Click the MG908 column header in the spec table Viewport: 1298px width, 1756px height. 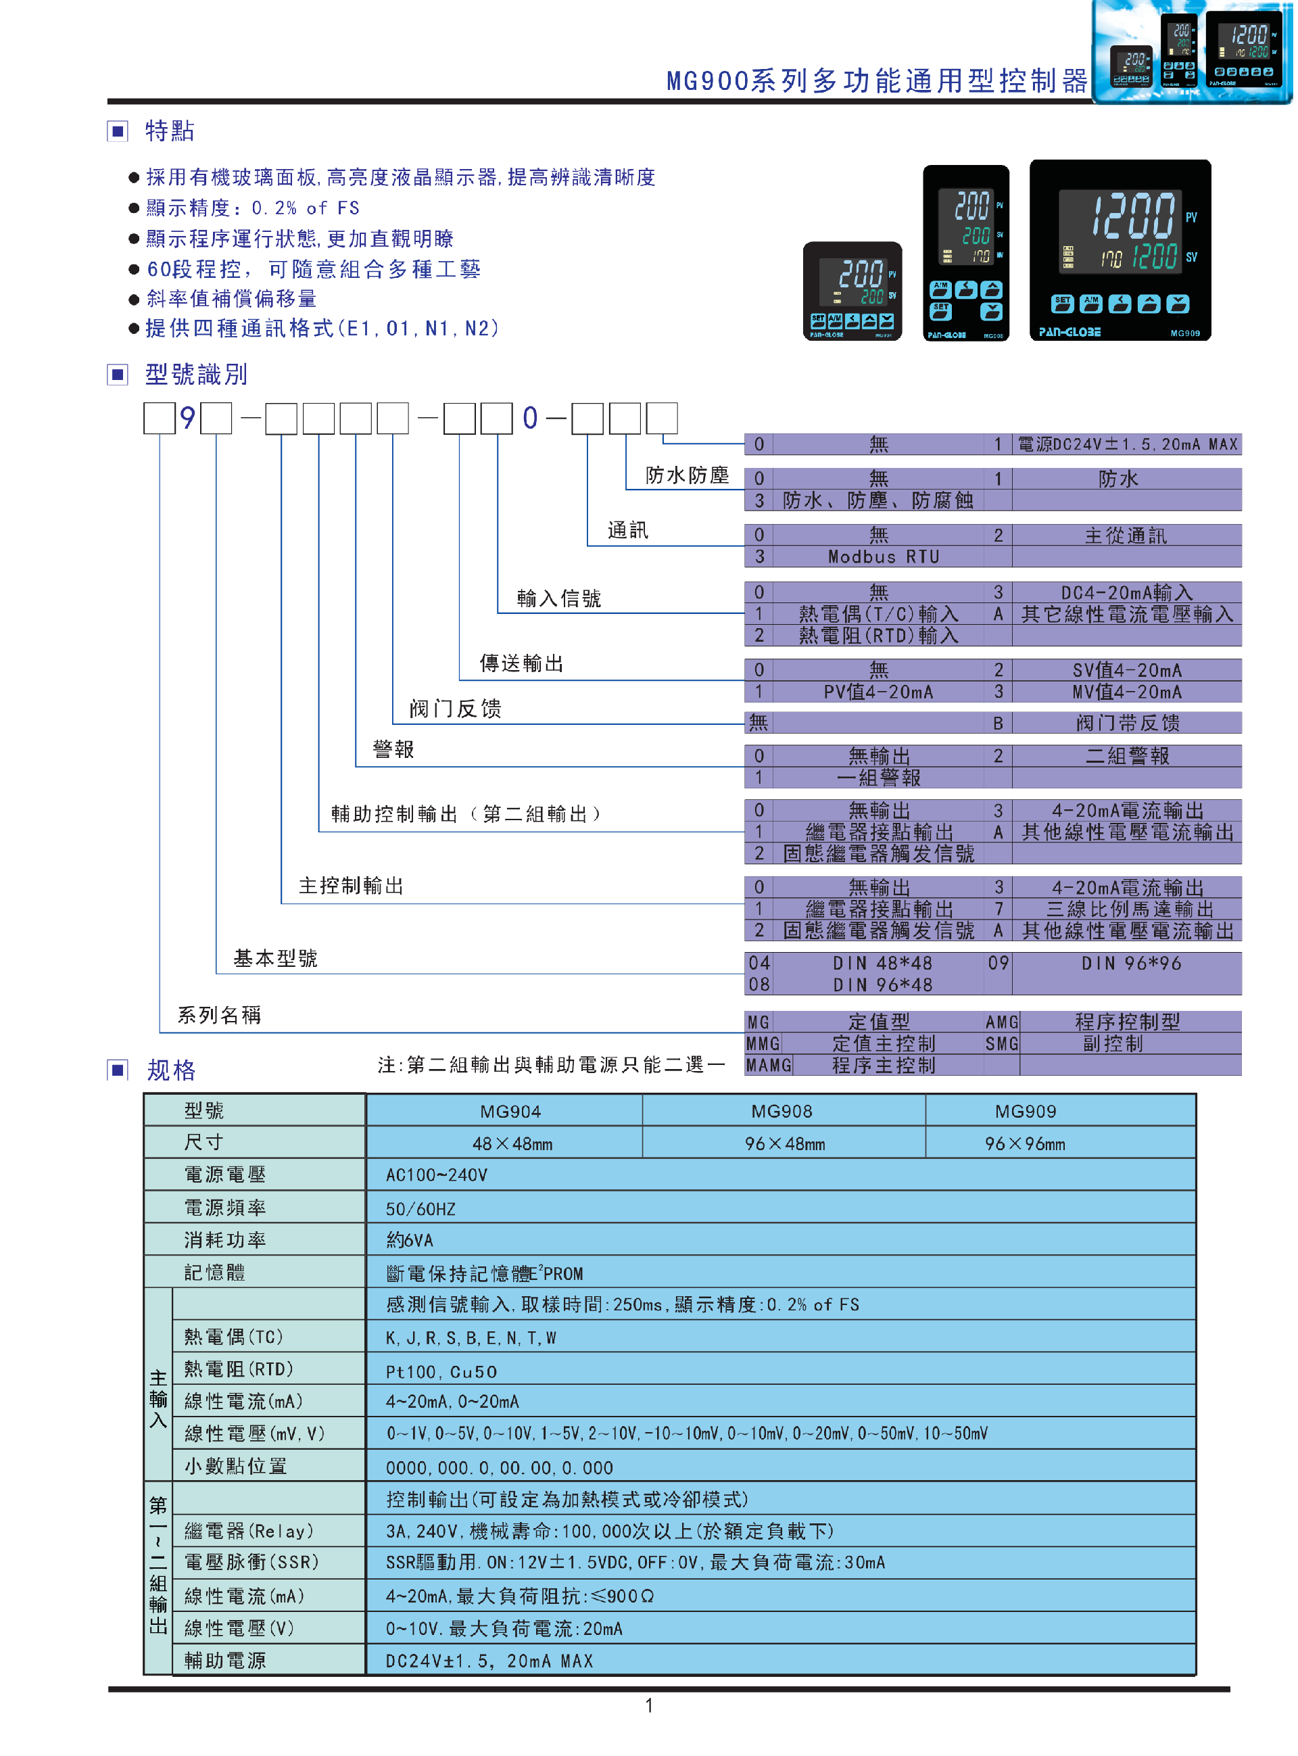pyautogui.click(x=782, y=1112)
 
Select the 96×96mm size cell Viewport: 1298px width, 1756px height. pyautogui.click(x=1026, y=1144)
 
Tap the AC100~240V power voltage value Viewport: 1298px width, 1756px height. pyautogui.click(x=436, y=1175)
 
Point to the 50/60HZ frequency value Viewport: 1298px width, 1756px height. pyautogui.click(x=420, y=1209)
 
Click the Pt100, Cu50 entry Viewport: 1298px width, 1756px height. pyautogui.click(x=441, y=1372)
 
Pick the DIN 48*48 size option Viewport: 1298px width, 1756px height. pyautogui.click(x=882, y=964)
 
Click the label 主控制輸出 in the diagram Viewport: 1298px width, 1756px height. pyautogui.click(x=350, y=886)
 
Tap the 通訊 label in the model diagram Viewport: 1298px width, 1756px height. pyautogui.click(x=628, y=530)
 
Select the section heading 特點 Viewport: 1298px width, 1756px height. pyautogui.click(x=170, y=131)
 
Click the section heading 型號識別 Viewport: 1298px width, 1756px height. pyautogui.click(x=195, y=375)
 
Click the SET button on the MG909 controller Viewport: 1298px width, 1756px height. pyautogui.click(x=1061, y=304)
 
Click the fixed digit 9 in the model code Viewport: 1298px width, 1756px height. pyautogui.click(x=187, y=418)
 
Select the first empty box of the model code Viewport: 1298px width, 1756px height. pyautogui.click(x=159, y=418)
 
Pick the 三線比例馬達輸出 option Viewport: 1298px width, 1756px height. pyautogui.click(x=1129, y=909)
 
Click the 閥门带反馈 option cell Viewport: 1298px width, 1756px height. pyautogui.click(x=1127, y=723)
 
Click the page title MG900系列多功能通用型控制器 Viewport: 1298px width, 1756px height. pyautogui.click(x=877, y=81)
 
